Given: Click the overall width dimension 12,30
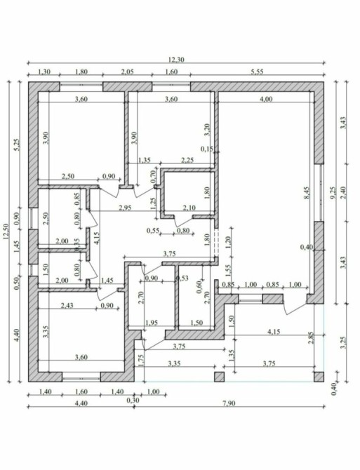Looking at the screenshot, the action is pos(176,60).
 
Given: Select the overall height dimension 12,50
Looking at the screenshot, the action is pos(6,233).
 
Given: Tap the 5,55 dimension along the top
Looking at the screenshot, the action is pos(257,72).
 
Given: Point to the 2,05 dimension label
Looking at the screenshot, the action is pos(127,72).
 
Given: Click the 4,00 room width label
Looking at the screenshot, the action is pos(266,99).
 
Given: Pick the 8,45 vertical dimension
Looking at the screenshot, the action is pos(307,194).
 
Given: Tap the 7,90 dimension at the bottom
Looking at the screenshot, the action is pos(229,403).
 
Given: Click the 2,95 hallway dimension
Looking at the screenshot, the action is pos(125,208).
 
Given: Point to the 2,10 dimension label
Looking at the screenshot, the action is pos(189,208).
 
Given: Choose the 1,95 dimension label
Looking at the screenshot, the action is pos(152,323).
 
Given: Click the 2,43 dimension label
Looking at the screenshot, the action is pos(67,305).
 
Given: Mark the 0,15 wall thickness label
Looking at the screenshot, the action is pos(208,149).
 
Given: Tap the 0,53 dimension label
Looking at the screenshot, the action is pos(182,278).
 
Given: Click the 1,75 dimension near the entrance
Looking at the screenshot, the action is pos(141,361).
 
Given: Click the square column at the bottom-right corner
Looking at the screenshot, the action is pos(319,377).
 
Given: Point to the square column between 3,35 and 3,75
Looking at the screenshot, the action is pos(219,377).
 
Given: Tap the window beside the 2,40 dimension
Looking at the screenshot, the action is pos(321,192).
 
